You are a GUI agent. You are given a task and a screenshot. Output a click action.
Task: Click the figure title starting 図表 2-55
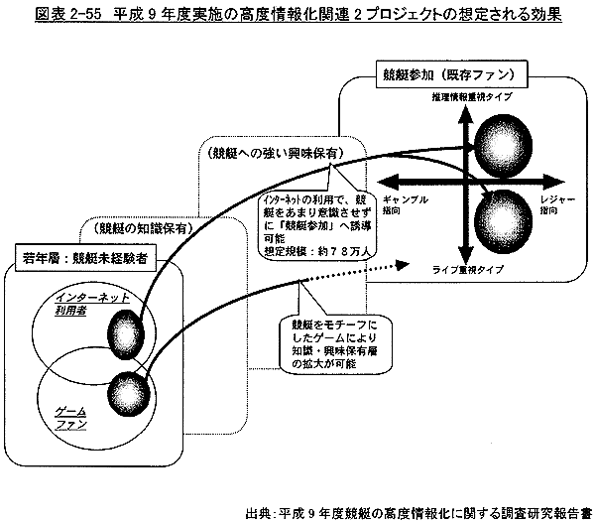[297, 15]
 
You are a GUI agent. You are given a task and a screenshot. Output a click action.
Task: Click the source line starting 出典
[422, 504]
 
